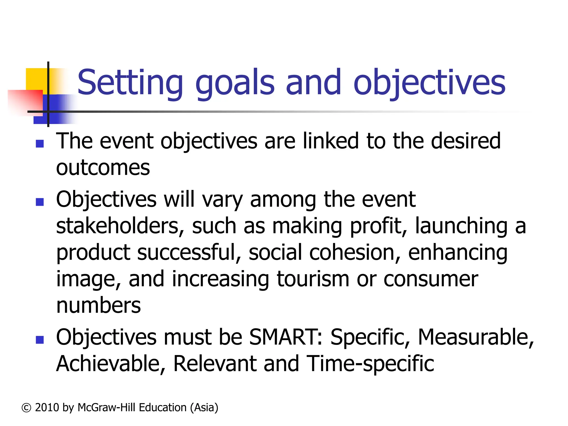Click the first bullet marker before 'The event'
(40, 144)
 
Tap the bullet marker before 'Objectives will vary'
(40, 202)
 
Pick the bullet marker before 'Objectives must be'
(40, 340)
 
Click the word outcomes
(103, 168)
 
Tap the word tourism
(313, 279)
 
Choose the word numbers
(98, 306)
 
